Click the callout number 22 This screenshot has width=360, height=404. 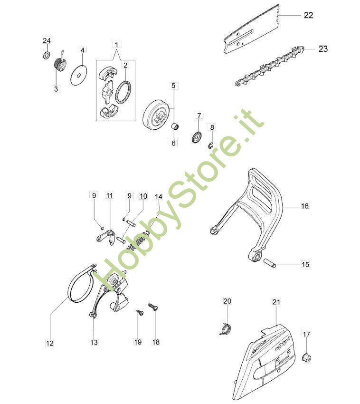(309, 15)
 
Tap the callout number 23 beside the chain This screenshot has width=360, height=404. (323, 48)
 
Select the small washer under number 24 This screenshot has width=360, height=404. (47, 55)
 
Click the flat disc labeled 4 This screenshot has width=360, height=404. (78, 75)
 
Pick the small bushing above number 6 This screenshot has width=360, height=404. (175, 127)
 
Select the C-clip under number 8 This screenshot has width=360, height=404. (211, 146)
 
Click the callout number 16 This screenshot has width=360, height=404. (304, 206)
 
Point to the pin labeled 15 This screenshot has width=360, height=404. (270, 263)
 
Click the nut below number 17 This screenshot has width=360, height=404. (307, 357)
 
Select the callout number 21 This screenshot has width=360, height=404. (276, 302)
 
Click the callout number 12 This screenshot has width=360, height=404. (50, 343)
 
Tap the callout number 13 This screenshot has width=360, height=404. (94, 342)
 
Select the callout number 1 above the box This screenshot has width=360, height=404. (117, 45)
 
